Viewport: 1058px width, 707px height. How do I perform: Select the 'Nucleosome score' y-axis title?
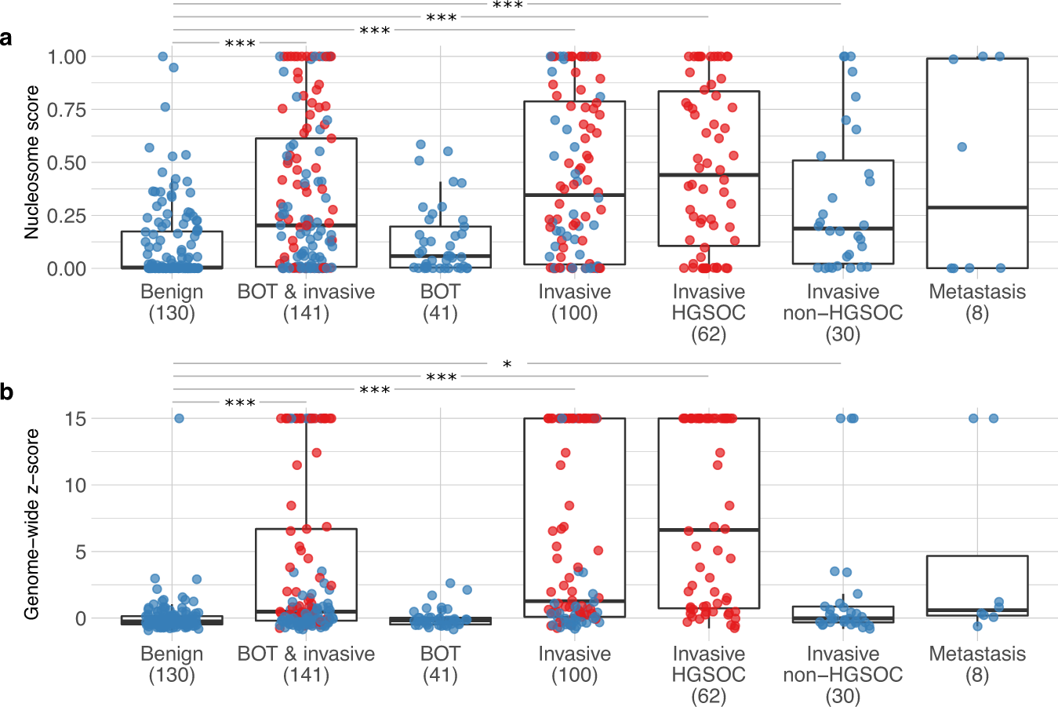click(31, 162)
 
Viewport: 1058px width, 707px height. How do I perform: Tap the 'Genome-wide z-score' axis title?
click(31, 523)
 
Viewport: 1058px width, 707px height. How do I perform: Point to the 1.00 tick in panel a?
click(67, 56)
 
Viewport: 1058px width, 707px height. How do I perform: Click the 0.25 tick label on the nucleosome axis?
click(67, 216)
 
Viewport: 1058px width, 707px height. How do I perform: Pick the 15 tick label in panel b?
click(76, 419)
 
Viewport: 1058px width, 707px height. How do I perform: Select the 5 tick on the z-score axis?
click(82, 552)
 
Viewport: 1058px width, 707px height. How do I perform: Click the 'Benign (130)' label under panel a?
click(172, 302)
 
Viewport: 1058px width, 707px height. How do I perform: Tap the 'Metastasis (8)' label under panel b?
click(977, 664)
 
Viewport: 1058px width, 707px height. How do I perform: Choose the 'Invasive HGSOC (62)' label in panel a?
click(708, 312)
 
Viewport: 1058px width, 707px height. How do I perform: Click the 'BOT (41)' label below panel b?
click(440, 664)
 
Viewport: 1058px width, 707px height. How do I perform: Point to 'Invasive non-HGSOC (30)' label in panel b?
click(843, 674)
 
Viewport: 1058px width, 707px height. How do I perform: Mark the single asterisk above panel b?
click(507, 365)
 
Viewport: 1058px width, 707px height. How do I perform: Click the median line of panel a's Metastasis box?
click(977, 207)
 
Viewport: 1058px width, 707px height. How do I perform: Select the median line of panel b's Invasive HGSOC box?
click(708, 530)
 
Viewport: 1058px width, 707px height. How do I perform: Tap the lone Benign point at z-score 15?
click(179, 418)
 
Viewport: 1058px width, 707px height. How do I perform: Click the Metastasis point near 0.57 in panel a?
click(962, 147)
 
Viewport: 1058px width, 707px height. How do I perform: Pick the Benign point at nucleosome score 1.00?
click(163, 56)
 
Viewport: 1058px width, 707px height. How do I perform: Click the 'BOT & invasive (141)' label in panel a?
click(306, 302)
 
